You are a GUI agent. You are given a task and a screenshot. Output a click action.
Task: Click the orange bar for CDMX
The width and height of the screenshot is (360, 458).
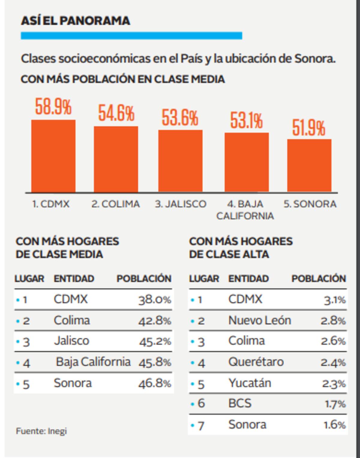coord(53,156)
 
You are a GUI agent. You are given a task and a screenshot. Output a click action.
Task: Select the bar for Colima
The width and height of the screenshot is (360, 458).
coord(116,159)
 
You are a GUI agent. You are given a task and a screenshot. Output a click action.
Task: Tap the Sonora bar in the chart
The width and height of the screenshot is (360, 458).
coord(309,165)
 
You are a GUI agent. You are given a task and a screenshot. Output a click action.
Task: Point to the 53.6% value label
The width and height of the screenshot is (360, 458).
coord(180,117)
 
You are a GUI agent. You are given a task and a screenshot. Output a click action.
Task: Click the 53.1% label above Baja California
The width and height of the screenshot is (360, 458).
coord(246,120)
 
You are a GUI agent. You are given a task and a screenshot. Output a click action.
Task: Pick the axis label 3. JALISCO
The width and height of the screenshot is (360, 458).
coord(181,204)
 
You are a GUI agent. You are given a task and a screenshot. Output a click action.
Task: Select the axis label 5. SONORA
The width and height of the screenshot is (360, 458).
coord(310,204)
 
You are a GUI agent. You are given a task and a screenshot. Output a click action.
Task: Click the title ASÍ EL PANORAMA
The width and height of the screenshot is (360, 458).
coord(75,21)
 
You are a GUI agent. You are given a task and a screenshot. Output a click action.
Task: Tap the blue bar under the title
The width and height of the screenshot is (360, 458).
coord(131,36)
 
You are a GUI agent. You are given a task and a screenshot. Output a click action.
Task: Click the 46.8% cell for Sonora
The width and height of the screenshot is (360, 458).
coord(155,383)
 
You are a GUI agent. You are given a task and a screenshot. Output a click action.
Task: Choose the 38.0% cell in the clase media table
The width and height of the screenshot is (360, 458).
coord(155,299)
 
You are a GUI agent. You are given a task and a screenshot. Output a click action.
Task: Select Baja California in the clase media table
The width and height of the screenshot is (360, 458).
coord(93,362)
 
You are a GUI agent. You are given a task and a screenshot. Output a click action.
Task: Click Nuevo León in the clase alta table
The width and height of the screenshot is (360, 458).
coord(260,320)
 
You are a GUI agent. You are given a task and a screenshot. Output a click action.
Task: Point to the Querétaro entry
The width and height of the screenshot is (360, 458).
coord(256,362)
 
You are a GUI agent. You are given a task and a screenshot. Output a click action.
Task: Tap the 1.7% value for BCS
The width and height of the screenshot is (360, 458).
coord(335,404)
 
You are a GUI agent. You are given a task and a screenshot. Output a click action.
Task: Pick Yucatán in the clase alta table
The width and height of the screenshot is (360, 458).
coord(250,383)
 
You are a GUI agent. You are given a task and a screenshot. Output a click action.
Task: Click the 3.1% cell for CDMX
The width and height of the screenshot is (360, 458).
coord(335,299)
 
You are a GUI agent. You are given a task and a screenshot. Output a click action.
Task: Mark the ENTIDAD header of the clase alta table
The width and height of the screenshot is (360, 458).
coord(248,278)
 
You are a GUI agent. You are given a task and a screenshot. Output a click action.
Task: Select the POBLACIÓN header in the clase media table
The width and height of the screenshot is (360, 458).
coord(144,278)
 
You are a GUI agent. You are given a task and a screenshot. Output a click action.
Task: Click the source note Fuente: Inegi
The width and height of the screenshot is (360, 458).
coord(41,431)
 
